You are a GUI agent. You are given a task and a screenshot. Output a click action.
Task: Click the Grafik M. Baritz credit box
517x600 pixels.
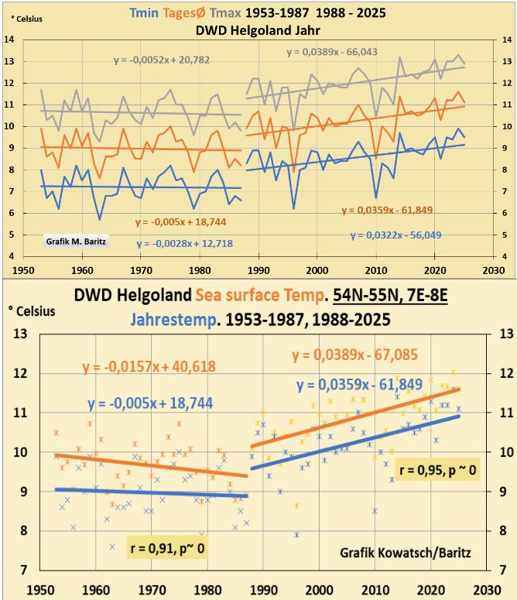tap(74, 242)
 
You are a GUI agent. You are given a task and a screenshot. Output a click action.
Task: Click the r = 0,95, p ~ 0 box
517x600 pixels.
tap(437, 470)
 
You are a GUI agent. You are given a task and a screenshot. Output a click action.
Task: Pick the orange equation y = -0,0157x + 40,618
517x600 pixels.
tap(149, 367)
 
